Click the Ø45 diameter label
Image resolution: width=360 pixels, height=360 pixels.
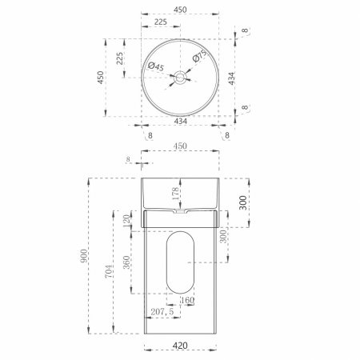(156, 66)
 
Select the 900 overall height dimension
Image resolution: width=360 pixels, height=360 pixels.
(84, 256)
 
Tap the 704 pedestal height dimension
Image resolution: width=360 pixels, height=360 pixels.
(108, 271)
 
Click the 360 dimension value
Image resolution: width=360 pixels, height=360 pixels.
(126, 262)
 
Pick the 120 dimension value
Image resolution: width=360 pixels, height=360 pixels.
(127, 221)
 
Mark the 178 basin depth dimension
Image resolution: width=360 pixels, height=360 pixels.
(175, 194)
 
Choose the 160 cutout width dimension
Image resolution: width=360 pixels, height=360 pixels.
(187, 300)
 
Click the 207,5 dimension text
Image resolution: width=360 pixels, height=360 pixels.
(162, 311)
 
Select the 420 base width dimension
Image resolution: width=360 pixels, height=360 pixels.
(180, 346)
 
